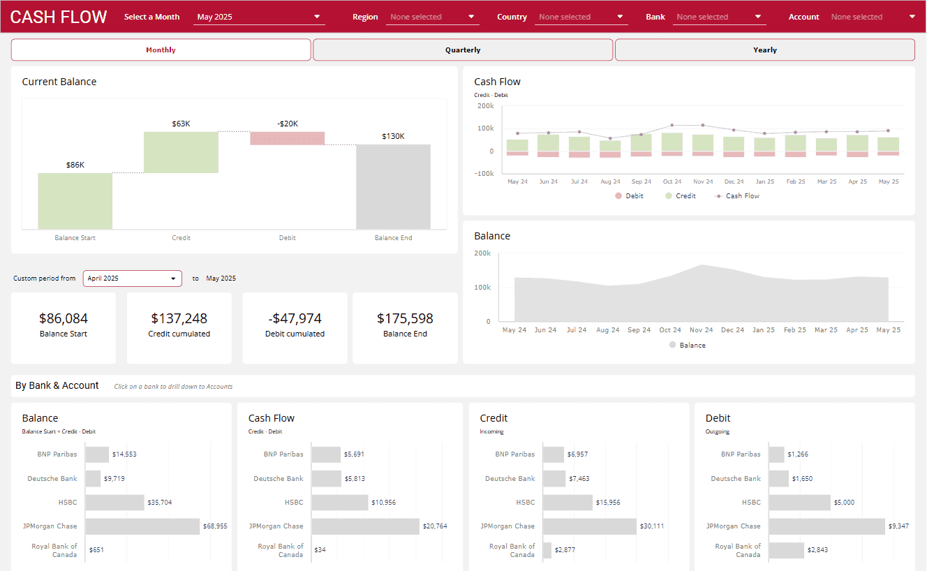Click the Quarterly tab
pos(463,50)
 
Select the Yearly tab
pos(764,50)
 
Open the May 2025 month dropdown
pos(258,17)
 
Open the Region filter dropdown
pos(432,17)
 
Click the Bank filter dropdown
pos(719,17)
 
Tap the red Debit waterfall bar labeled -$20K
pos(288,138)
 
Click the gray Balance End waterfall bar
pos(393,186)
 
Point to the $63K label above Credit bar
pos(181,124)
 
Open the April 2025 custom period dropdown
pos(132,279)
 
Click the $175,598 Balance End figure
pos(405,318)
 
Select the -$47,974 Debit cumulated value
pos(295,318)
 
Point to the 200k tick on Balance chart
pos(482,253)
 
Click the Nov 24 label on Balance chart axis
pos(701,330)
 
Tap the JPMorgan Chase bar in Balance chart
pos(142,526)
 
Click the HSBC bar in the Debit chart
pos(800,503)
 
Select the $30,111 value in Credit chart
pos(653,526)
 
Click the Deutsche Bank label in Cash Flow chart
pos(279,479)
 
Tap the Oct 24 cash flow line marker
pos(672,125)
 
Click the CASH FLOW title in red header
pos(59,17)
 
